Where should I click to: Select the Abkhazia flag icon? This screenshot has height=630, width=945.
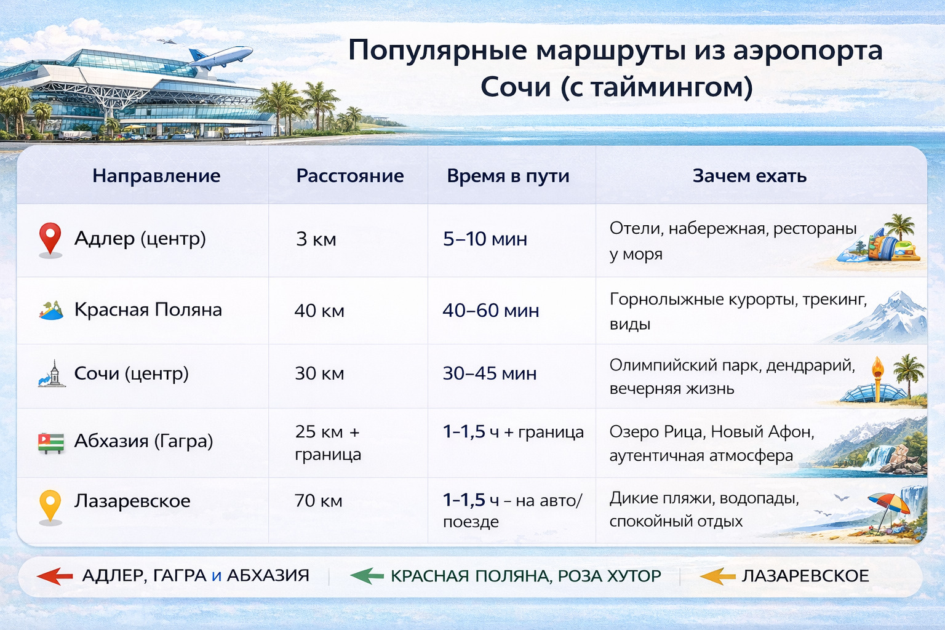pyautogui.click(x=50, y=442)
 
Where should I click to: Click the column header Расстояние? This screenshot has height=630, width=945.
pyautogui.click(x=349, y=176)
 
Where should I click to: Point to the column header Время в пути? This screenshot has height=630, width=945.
pyautogui.click(x=508, y=176)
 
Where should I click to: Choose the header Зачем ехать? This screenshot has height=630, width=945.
pyautogui.click(x=749, y=176)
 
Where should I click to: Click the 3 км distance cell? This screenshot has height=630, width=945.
pyautogui.click(x=316, y=239)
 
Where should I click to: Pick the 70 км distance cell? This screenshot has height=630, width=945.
pyautogui.click(x=319, y=501)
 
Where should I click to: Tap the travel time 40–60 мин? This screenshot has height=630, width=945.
pyautogui.click(x=490, y=311)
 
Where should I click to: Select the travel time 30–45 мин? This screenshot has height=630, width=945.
pyautogui.click(x=489, y=373)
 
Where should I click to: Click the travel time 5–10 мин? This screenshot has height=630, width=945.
pyautogui.click(x=485, y=239)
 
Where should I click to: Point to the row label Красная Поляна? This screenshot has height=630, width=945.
pyautogui.click(x=148, y=309)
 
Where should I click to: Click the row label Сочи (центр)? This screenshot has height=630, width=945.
pyautogui.click(x=131, y=373)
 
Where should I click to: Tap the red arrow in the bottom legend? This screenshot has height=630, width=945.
pyautogui.click(x=55, y=576)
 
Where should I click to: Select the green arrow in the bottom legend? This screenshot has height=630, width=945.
pyautogui.click(x=367, y=576)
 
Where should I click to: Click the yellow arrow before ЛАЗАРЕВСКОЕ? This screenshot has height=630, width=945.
pyautogui.click(x=717, y=576)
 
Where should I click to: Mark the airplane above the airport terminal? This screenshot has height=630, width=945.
pyautogui.click(x=220, y=57)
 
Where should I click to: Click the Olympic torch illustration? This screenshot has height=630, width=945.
pyautogui.click(x=878, y=378)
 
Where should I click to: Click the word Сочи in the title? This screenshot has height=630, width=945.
pyautogui.click(x=516, y=87)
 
